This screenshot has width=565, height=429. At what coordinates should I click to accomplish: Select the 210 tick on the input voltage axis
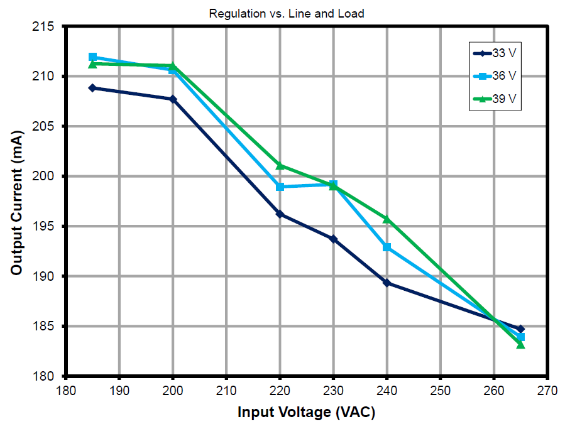coord(226,390)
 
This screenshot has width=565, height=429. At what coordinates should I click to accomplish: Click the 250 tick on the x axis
coord(441,390)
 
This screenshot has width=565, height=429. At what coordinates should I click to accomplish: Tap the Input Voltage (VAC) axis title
coord(306,413)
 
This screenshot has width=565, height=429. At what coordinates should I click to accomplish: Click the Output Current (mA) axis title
coord(17,202)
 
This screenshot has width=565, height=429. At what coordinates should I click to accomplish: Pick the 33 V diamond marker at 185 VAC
coord(92,88)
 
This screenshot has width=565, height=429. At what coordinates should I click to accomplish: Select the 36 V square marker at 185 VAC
coord(92,57)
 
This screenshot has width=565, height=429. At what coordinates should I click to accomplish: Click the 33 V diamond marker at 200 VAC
coord(173,99)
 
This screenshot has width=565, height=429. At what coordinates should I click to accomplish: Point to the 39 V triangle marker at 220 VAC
coord(280,165)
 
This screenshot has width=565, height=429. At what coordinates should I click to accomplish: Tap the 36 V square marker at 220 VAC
coord(280,187)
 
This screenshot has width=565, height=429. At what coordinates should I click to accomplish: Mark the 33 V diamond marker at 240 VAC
coord(387,283)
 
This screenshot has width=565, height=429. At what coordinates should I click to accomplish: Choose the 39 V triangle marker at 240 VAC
coord(387,219)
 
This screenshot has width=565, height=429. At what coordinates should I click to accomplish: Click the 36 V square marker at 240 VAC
coord(387,247)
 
